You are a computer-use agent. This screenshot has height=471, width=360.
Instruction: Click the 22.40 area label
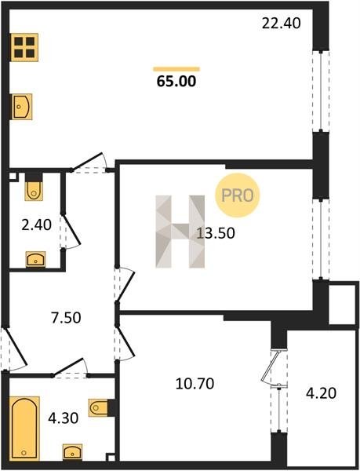point(281,23)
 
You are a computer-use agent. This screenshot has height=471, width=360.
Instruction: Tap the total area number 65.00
point(176,81)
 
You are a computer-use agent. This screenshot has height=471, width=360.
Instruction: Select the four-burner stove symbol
point(24,47)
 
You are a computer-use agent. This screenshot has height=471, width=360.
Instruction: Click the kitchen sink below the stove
point(22,106)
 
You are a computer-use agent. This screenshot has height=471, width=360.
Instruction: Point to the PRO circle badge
point(237,195)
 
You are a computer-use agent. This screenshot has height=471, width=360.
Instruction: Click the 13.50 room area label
point(216,233)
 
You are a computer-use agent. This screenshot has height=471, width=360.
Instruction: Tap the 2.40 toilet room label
point(36,225)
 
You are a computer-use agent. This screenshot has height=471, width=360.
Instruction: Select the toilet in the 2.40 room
point(34,188)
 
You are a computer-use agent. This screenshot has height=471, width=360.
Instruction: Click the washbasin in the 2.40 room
point(36,259)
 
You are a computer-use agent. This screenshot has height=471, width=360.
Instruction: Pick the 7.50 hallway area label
point(66,318)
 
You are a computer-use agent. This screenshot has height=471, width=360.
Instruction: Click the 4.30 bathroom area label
point(64,418)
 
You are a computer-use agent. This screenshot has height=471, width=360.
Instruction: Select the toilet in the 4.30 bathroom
point(100,407)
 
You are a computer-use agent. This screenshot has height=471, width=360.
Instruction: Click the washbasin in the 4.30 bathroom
point(72,451)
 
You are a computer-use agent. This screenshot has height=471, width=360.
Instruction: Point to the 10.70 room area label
point(195,384)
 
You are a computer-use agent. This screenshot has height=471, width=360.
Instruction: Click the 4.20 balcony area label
point(321,393)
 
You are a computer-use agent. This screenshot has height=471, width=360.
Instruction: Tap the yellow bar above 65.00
point(176,69)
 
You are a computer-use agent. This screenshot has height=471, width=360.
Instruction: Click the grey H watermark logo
point(180,232)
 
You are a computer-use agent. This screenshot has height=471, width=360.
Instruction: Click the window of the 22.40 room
point(321,91)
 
